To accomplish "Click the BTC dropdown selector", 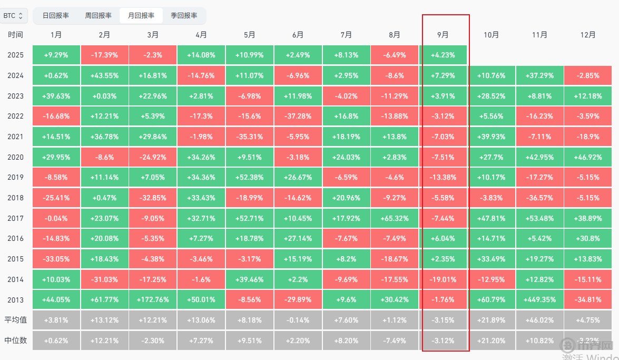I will pyautogui.click(x=13, y=16).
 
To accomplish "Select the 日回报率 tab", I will pyautogui.click(x=55, y=16).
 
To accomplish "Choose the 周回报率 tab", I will pyautogui.click(x=98, y=16).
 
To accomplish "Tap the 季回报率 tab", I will pyautogui.click(x=184, y=16).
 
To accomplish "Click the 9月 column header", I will pyautogui.click(x=443, y=35).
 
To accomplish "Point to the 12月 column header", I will pyautogui.click(x=588, y=35).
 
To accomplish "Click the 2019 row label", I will pyautogui.click(x=16, y=178).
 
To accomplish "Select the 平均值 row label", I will pyautogui.click(x=16, y=320).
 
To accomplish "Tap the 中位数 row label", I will pyautogui.click(x=16, y=340).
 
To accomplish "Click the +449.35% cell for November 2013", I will pyautogui.click(x=539, y=300).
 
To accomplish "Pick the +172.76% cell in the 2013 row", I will pyautogui.click(x=153, y=300).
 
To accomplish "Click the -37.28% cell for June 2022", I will pyautogui.click(x=298, y=116).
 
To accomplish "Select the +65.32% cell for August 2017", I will pyautogui.click(x=395, y=218).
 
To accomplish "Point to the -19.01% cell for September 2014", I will pyautogui.click(x=443, y=279).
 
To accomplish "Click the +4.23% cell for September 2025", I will pyautogui.click(x=443, y=55).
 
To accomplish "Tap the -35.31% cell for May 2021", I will pyautogui.click(x=250, y=137).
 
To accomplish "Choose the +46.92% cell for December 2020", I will pyautogui.click(x=588, y=157).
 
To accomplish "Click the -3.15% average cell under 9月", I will pyautogui.click(x=443, y=320).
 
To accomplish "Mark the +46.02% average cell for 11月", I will pyautogui.click(x=539, y=320).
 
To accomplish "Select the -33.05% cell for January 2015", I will pyautogui.click(x=56, y=259).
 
